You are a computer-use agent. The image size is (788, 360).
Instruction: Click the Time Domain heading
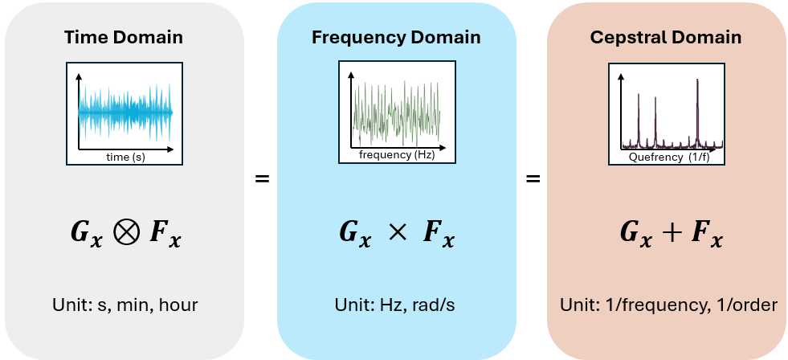pos(124,38)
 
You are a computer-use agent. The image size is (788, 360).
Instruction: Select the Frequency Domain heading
pos(396,38)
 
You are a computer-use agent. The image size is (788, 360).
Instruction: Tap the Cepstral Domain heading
pos(666,38)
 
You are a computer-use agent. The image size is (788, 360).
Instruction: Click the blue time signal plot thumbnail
pos(125,112)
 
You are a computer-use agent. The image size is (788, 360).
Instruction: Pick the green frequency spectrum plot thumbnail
pos(397,112)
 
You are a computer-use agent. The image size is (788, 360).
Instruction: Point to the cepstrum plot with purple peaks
pos(668,112)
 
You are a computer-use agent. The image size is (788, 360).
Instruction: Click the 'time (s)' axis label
pos(125,157)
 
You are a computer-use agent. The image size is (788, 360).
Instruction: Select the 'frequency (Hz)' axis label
pos(397,155)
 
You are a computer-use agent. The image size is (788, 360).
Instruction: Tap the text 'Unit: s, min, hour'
pos(124,305)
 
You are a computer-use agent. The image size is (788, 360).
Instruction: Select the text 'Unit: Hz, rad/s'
pos(396,305)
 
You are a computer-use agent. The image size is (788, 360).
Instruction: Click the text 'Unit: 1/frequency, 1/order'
pos(668,305)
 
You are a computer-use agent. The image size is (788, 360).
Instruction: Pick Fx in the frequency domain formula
pos(439,233)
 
